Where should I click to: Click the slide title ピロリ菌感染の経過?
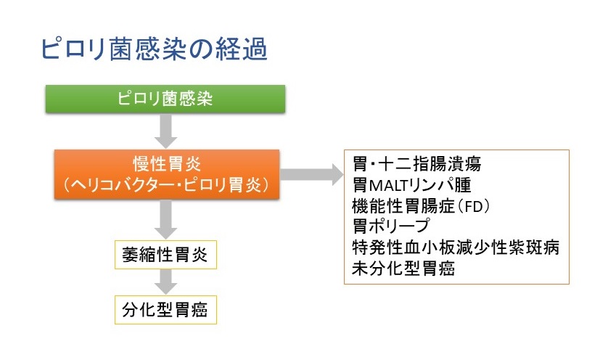click(x=155, y=49)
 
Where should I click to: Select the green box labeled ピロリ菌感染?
click(x=165, y=99)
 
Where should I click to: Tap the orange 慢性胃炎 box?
click(x=167, y=174)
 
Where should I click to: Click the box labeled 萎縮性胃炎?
click(x=165, y=255)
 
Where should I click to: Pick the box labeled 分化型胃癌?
click(x=165, y=310)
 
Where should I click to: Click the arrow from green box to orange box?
click(x=166, y=131)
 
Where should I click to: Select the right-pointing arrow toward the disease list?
click(x=312, y=175)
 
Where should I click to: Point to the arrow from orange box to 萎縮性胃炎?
click(x=166, y=220)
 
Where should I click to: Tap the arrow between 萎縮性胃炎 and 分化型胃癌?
click(x=166, y=282)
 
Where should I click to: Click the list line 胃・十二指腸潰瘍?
click(x=417, y=164)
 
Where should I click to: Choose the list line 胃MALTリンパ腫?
click(x=412, y=184)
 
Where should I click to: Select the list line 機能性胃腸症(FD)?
click(x=421, y=205)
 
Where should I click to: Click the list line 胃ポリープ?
click(x=391, y=226)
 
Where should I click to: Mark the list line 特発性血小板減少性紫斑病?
click(x=456, y=247)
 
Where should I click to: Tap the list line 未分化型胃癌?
click(x=403, y=269)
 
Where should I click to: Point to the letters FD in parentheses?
click(x=473, y=206)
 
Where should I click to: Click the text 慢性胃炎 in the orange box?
click(x=167, y=164)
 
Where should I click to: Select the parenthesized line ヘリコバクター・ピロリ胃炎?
click(x=167, y=184)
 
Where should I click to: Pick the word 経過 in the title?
click(x=241, y=49)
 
